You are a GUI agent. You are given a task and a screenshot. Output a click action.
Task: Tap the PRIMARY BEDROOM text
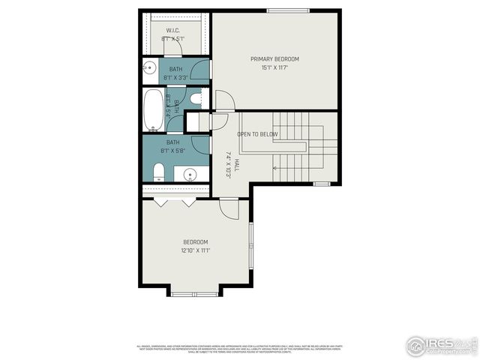click(274, 58)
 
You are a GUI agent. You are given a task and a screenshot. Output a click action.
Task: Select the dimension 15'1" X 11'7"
click(274, 67)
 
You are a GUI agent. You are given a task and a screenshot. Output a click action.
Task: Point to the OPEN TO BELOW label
click(257, 134)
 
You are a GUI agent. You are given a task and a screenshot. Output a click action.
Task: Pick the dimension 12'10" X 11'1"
click(195, 250)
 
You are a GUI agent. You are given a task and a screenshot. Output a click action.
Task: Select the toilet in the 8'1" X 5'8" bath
click(158, 174)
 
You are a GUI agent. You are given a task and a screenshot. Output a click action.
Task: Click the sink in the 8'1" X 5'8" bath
click(190, 175)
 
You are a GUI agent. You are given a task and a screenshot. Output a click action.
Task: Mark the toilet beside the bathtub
click(196, 98)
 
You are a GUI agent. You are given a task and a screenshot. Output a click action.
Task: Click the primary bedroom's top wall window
click(288, 10)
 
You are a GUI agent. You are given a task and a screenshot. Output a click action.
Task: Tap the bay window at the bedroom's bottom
click(194, 293)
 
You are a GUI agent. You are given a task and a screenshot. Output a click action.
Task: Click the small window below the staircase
click(321, 184)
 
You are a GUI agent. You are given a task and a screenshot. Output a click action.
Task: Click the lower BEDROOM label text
click(195, 241)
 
